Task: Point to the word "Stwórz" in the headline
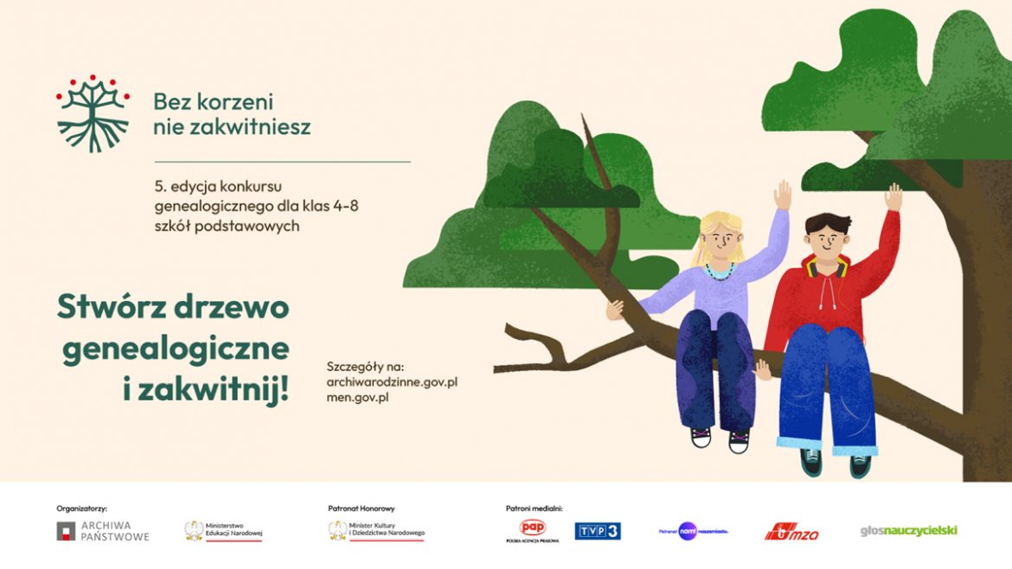tap(112, 308)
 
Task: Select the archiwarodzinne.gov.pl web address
tap(392, 381)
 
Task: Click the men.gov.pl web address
tap(357, 397)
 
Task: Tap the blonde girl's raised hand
tap(783, 194)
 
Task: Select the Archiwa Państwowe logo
tap(103, 531)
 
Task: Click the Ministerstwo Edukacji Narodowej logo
tap(223, 531)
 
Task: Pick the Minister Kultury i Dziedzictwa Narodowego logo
tap(376, 531)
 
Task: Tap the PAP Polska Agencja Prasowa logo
tap(532, 530)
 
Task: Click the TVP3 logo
tap(598, 531)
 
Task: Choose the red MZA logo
tap(791, 532)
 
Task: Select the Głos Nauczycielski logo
tap(909, 530)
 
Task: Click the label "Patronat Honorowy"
tap(361, 508)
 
